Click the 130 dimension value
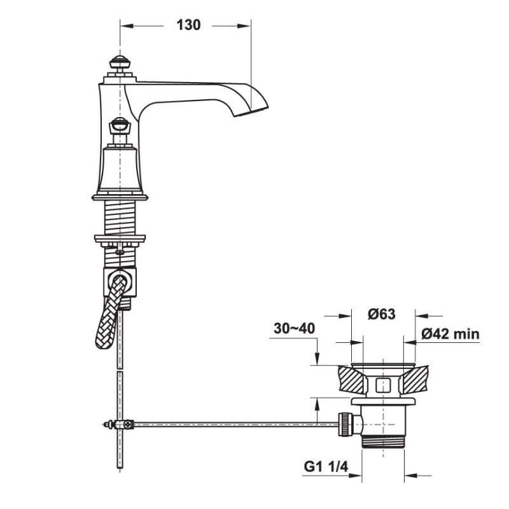pos(188,25)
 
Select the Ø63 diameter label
pos(382,314)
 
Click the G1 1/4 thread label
pos(324,468)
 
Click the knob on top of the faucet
pos(118,65)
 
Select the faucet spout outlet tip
pos(254,111)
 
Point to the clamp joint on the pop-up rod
pos(119,424)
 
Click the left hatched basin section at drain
pos(351,380)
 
